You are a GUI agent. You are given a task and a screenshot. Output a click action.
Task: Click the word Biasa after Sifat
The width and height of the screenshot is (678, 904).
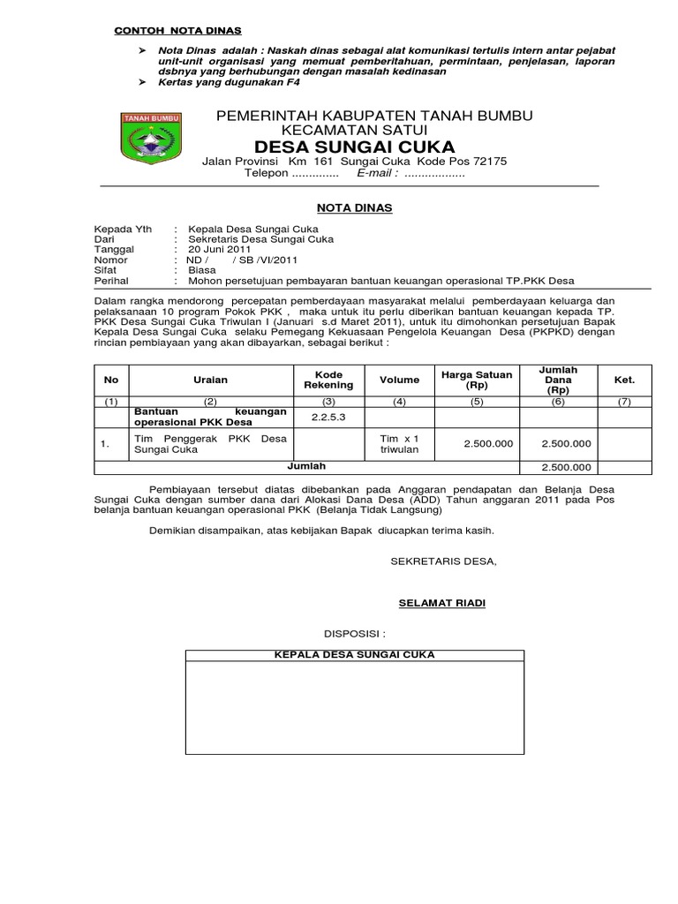202,271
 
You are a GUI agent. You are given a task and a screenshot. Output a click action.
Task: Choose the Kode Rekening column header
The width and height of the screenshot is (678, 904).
328,380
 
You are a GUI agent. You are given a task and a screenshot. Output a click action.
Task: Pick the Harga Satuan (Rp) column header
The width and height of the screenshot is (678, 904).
477,380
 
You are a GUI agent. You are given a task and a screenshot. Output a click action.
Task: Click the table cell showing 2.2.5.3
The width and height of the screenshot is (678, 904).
328,417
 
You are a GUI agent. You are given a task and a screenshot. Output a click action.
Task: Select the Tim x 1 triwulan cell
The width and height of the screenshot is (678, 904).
399,444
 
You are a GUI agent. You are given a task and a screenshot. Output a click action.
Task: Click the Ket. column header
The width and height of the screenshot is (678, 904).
624,380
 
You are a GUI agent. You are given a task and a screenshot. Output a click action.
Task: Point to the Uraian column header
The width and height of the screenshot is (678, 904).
210,380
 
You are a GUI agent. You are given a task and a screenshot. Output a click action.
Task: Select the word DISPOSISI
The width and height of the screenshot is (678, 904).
354,634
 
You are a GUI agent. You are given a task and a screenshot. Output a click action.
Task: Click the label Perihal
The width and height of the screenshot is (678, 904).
112,282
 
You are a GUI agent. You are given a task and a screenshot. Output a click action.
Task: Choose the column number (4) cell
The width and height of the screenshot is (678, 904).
399,402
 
